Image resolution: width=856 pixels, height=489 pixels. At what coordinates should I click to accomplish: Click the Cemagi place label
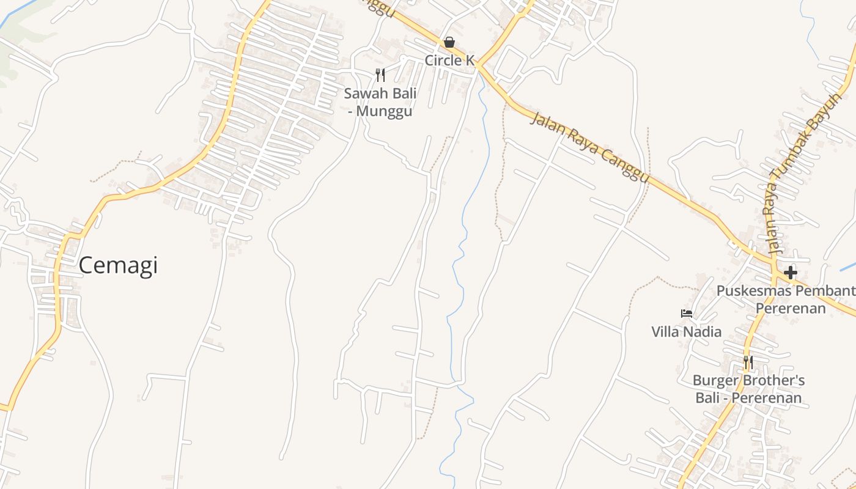118,265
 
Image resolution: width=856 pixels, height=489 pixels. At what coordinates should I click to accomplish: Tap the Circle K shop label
449,60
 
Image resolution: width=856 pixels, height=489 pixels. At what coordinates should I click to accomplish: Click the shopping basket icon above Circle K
449,42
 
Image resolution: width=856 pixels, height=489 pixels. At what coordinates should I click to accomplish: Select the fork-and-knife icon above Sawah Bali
380,75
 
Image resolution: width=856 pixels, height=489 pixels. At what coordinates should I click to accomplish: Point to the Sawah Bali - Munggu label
380,102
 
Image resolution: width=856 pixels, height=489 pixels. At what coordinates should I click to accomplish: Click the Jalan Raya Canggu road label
588,147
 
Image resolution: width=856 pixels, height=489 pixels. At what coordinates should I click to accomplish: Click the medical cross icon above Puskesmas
791,273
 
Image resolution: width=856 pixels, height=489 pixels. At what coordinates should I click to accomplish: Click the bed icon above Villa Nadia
687,314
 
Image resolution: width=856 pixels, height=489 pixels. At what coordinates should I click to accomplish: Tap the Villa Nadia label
686,332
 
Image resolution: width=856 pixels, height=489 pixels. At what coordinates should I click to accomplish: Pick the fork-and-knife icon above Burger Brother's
748,362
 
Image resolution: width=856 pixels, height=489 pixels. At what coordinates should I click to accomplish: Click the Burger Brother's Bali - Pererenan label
748,389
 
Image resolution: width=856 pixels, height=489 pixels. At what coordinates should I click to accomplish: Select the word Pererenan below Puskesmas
791,307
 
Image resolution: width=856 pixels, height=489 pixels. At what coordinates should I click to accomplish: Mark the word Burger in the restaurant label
717,381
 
